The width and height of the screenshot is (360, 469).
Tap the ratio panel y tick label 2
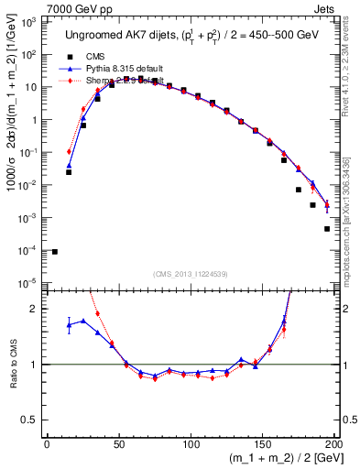35,309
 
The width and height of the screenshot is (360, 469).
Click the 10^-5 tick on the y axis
29,283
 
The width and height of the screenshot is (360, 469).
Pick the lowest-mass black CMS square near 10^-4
54,251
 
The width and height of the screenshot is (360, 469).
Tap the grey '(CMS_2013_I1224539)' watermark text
191,272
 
